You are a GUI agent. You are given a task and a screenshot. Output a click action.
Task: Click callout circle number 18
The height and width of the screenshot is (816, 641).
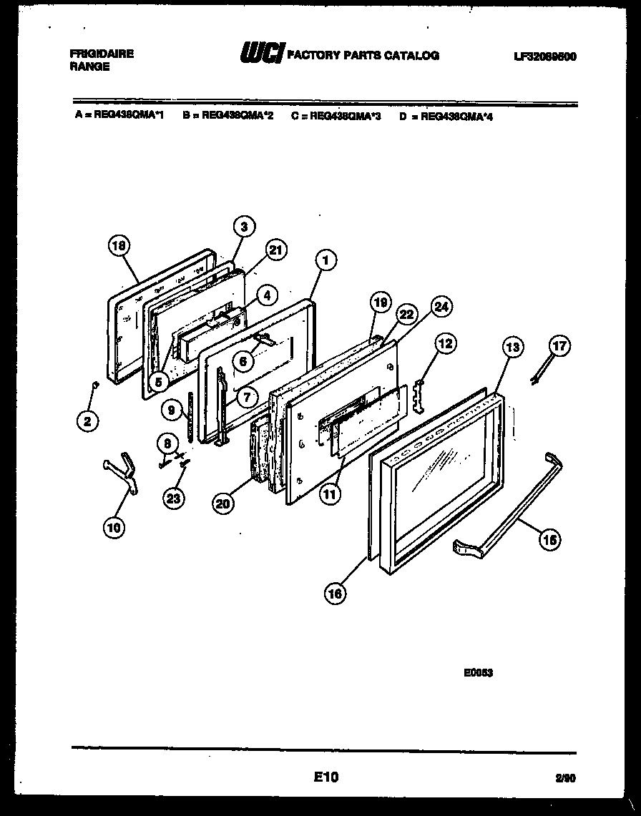point(119,246)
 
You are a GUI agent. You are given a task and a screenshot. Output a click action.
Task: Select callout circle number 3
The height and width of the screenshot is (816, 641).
point(244,227)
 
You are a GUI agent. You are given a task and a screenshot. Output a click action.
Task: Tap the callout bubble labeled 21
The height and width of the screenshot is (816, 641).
point(275,249)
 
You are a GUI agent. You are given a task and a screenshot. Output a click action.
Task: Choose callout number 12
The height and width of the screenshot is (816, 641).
point(444,344)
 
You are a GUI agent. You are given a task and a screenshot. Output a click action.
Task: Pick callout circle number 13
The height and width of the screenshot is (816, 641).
point(512,348)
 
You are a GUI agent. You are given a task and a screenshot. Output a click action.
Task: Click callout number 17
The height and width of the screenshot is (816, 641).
point(560,347)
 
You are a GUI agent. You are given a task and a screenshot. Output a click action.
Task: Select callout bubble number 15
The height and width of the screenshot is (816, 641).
point(550,540)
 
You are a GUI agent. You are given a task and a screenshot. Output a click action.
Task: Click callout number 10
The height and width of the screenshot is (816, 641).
point(114,528)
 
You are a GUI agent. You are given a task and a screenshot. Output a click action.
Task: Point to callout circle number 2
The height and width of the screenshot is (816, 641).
point(87,421)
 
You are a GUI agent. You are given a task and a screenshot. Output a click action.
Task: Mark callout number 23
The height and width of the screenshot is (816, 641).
point(173,498)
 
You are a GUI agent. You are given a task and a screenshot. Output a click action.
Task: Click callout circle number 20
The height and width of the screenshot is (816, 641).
point(224,504)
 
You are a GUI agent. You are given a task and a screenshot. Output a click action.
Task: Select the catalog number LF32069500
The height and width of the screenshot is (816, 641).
point(545,56)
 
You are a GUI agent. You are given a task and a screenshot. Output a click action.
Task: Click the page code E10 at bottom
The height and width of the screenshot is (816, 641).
point(326,777)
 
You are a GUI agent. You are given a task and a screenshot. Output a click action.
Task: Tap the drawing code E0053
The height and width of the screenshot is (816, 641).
point(479,672)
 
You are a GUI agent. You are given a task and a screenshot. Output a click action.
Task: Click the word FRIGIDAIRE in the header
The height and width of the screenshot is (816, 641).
point(102,54)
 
